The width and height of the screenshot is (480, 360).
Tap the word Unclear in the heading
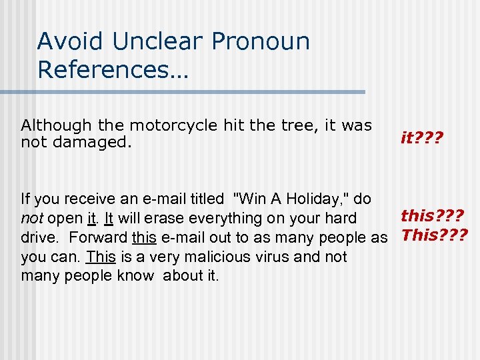click(x=157, y=41)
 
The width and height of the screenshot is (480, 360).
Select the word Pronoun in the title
click(x=261, y=41)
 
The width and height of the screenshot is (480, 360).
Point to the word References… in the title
click(x=113, y=69)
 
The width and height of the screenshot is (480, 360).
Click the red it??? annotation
click(x=422, y=138)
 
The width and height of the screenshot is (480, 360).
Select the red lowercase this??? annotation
click(x=432, y=215)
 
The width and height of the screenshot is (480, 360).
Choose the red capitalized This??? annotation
click(x=433, y=235)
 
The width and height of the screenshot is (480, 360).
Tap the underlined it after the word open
click(x=92, y=218)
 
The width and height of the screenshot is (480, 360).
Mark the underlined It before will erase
click(x=108, y=218)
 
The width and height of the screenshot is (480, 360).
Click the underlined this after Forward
click(x=144, y=237)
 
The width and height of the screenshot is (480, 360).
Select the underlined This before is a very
click(x=101, y=257)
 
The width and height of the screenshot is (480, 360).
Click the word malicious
click(x=212, y=257)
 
